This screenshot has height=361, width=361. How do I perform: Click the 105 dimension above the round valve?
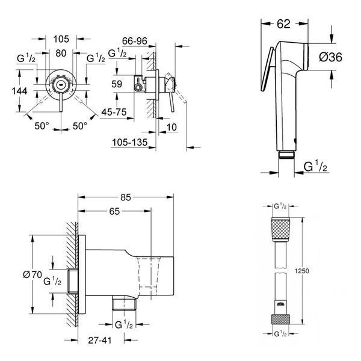[x=61, y=39]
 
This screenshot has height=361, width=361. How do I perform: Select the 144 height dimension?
[x=20, y=91]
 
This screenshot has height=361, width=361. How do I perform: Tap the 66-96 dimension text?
[x=134, y=41]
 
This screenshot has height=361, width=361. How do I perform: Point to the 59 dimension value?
[x=117, y=84]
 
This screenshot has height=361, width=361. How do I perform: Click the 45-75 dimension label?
[x=114, y=112]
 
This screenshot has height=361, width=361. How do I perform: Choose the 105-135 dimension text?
[x=129, y=143]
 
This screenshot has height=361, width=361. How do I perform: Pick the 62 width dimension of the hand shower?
[x=283, y=23]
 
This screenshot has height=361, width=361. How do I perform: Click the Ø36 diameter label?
[x=330, y=57]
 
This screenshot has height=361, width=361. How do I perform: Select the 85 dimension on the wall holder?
[x=126, y=197]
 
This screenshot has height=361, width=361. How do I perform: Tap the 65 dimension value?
[x=114, y=211]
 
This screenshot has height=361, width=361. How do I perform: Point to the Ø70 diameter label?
[x=32, y=274]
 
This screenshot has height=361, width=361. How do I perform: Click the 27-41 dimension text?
[x=100, y=341]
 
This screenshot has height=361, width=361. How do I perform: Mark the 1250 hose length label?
[x=302, y=271]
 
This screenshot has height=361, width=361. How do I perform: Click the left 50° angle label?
[x=42, y=126]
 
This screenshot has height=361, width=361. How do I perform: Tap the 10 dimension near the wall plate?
[x=171, y=127]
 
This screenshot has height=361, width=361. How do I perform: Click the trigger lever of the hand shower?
[x=267, y=69]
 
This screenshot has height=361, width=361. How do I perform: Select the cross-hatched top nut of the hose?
[x=280, y=229]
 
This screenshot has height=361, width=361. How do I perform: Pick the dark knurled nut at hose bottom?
[x=280, y=319]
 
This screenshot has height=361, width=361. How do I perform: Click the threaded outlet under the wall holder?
[x=124, y=303]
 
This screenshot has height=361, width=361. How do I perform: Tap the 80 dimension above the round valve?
[x=61, y=53]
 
